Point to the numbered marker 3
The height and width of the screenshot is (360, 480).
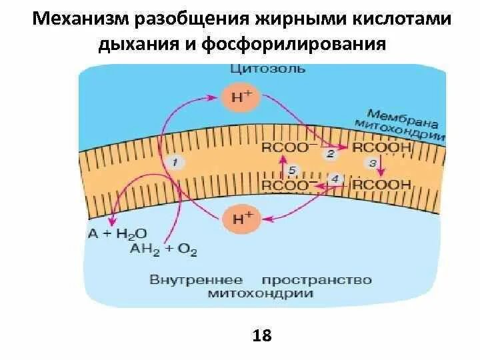click(373, 163)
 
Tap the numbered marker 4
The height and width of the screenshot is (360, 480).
click(335, 179)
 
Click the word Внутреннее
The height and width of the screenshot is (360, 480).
click(196, 279)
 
